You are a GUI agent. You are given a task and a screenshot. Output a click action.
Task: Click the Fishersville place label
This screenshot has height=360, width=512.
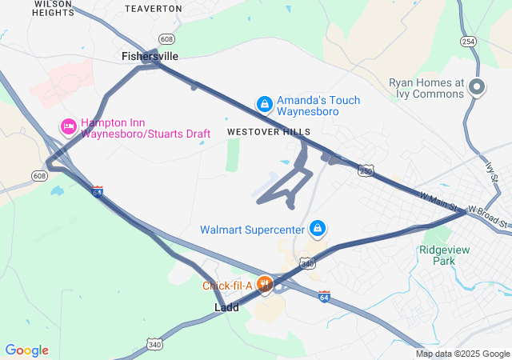(x=150, y=56)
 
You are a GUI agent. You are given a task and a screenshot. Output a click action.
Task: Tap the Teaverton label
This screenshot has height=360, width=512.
(x=154, y=8)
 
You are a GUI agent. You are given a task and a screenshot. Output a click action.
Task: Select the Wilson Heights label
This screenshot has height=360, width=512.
(x=54, y=9)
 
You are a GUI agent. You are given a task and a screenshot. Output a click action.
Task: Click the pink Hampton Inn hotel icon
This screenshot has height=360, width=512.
(x=69, y=126)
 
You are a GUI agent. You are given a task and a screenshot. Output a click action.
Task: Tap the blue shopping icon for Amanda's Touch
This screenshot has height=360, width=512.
(x=264, y=104)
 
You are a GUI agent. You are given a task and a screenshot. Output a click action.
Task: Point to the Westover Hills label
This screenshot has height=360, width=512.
(x=268, y=131)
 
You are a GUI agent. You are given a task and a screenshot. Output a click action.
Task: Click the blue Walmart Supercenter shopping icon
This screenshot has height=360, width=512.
(x=318, y=230)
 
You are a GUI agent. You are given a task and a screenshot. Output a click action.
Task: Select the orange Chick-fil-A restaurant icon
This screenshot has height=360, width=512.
(x=263, y=284)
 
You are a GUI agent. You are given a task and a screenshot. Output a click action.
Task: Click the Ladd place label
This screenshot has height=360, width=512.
(x=226, y=307)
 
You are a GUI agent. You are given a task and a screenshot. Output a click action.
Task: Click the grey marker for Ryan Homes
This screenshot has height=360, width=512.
(x=477, y=87)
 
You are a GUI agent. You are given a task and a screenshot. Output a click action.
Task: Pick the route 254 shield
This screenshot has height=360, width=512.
(x=468, y=41)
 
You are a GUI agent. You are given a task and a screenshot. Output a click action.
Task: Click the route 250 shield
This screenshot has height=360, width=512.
(x=366, y=170)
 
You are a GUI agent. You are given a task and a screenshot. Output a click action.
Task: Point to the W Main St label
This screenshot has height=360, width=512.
(x=442, y=202)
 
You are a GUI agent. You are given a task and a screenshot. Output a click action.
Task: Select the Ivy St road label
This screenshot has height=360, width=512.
(x=490, y=170)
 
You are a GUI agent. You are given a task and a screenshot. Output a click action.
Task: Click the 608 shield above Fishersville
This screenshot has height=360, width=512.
(x=166, y=38)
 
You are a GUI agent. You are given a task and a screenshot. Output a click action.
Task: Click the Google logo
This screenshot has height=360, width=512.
(x=26, y=350)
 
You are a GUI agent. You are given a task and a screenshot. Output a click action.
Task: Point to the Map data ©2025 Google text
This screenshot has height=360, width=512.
(x=462, y=354)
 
